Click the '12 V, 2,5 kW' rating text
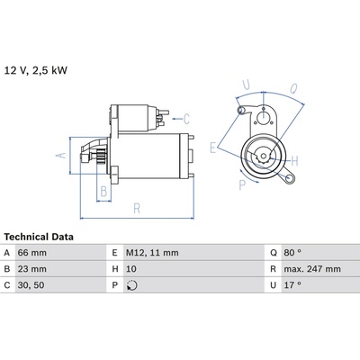click(x=36, y=70)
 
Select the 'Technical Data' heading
click(x=39, y=237)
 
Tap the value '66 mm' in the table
click(x=32, y=253)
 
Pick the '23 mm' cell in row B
click(x=32, y=269)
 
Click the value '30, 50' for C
click(x=31, y=285)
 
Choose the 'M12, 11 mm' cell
click(x=152, y=253)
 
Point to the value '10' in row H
click(x=131, y=269)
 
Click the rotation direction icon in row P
click(x=132, y=285)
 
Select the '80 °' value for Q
click(x=292, y=253)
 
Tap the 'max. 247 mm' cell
click(x=312, y=269)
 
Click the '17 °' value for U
click(x=292, y=285)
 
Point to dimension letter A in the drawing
click(x=61, y=155)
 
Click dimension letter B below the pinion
click(x=103, y=191)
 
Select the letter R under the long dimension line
click(x=137, y=209)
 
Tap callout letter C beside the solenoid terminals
click(x=186, y=119)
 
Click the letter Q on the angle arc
click(x=294, y=88)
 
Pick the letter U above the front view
click(x=247, y=85)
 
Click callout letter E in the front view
click(x=213, y=148)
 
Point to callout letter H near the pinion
click(x=294, y=161)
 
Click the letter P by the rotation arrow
click(x=242, y=185)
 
